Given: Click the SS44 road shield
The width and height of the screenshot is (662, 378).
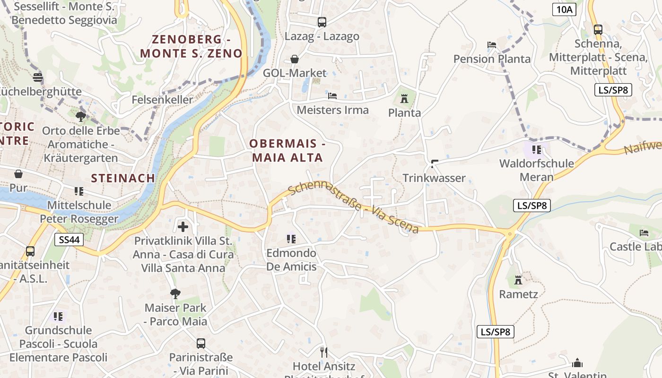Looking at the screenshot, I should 69,240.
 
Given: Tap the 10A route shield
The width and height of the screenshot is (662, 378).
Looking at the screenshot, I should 564,9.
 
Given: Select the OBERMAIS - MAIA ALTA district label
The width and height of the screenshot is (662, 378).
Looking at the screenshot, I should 287,150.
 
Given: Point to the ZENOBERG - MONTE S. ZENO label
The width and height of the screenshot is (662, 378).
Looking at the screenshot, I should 191,46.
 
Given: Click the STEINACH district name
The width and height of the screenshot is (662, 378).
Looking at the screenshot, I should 123,178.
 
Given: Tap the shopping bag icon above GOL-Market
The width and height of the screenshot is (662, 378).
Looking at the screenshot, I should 295,59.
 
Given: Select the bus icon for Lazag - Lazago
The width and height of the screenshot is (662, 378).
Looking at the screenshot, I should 322,22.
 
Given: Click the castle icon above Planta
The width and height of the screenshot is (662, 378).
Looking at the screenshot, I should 404,99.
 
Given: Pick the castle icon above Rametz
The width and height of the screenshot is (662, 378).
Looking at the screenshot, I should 518,280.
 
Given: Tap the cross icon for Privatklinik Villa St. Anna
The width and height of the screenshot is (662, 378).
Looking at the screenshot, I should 183,226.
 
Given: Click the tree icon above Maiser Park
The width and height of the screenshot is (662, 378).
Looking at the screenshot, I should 175,294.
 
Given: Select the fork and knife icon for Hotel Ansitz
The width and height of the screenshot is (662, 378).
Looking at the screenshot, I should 324,352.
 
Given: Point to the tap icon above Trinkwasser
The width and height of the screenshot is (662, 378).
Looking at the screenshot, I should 434,164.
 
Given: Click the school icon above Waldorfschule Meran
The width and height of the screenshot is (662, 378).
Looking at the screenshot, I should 536,150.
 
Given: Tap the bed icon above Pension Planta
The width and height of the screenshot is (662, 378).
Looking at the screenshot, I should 492,45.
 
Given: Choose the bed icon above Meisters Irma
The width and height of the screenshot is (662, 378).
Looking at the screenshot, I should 332,96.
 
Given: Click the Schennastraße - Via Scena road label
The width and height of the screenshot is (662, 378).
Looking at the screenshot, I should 353,208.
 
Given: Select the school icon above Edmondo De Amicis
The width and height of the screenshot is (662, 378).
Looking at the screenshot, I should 291,239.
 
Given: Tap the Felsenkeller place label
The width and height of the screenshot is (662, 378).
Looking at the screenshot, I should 162,100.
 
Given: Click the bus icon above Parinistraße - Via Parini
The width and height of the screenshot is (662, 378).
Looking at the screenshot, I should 201,344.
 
